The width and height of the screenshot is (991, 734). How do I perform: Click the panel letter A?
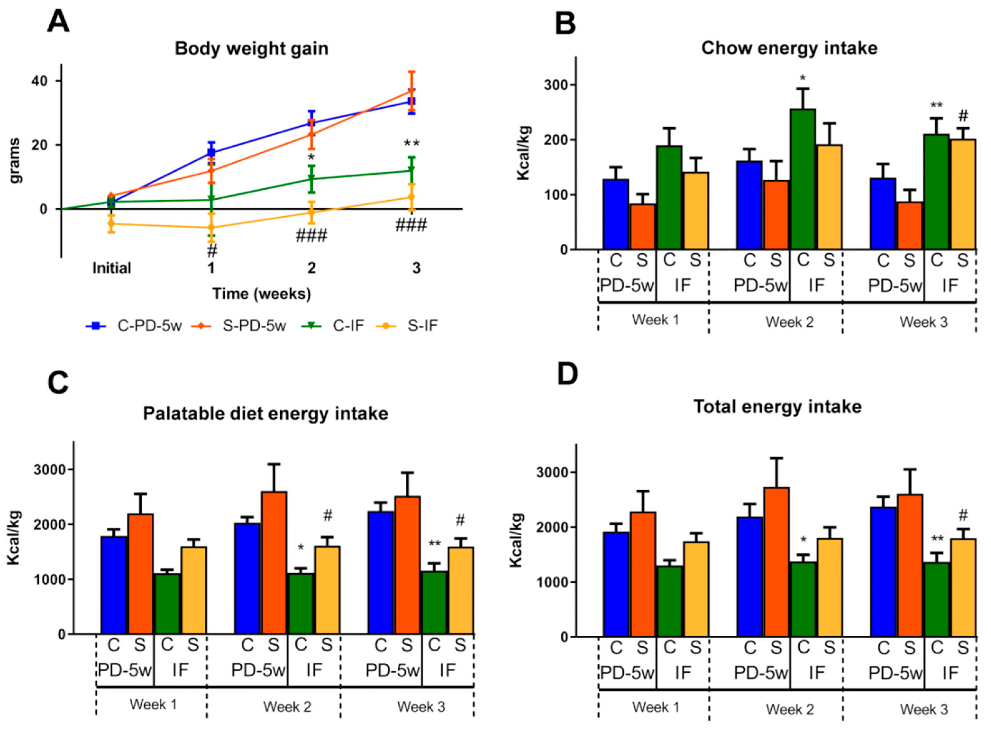(x=58, y=21)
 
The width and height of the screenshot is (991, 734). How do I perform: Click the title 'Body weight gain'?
(x=251, y=48)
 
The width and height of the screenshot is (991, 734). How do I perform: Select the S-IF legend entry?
(x=422, y=326)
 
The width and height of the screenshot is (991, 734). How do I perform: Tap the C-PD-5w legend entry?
(x=149, y=326)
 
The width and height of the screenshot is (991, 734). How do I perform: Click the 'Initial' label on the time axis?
(x=112, y=268)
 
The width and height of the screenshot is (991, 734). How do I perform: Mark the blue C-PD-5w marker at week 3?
(x=412, y=101)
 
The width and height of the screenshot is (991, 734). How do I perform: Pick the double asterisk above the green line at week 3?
(x=412, y=143)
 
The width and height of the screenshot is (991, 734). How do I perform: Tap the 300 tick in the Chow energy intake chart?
(x=557, y=85)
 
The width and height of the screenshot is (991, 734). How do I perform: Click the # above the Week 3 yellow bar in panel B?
(x=963, y=116)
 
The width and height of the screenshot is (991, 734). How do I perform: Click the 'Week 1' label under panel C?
(x=153, y=704)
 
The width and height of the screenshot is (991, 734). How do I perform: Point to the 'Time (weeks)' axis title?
(x=262, y=294)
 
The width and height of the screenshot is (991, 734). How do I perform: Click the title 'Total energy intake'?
(x=778, y=406)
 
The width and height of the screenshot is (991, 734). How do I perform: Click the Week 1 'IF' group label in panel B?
(x=682, y=285)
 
